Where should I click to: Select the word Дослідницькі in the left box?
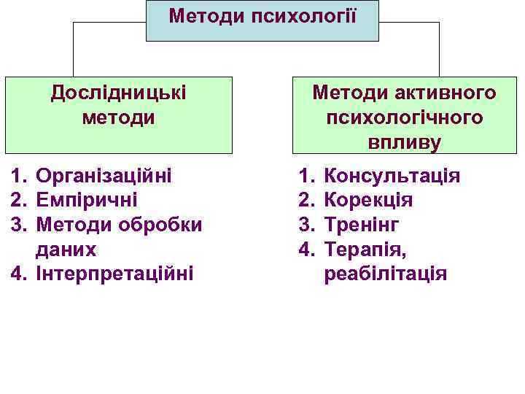[118, 93]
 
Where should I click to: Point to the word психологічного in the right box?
[405, 117]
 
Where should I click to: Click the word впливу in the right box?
[405, 142]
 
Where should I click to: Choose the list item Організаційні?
[104, 175]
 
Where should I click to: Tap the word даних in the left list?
[66, 250]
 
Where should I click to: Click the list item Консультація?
[392, 175]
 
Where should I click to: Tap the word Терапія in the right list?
[365, 250]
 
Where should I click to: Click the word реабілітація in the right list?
[385, 274]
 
